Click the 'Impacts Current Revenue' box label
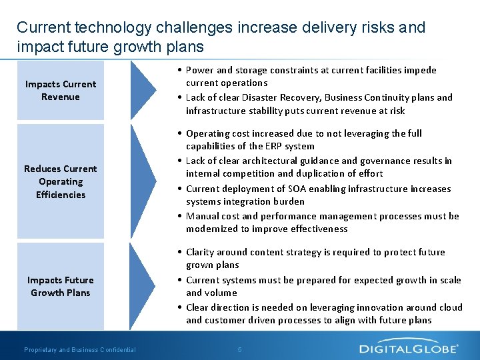[61, 91]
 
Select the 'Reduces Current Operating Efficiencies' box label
[61, 181]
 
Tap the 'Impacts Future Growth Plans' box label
[61, 287]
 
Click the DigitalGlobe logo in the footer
[409, 348]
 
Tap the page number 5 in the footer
[240, 349]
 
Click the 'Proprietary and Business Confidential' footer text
[79, 349]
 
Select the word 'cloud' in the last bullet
[449, 307]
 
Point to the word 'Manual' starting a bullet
[201, 216]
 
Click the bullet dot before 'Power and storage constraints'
[181, 70]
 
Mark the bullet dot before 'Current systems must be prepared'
[181, 280]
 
